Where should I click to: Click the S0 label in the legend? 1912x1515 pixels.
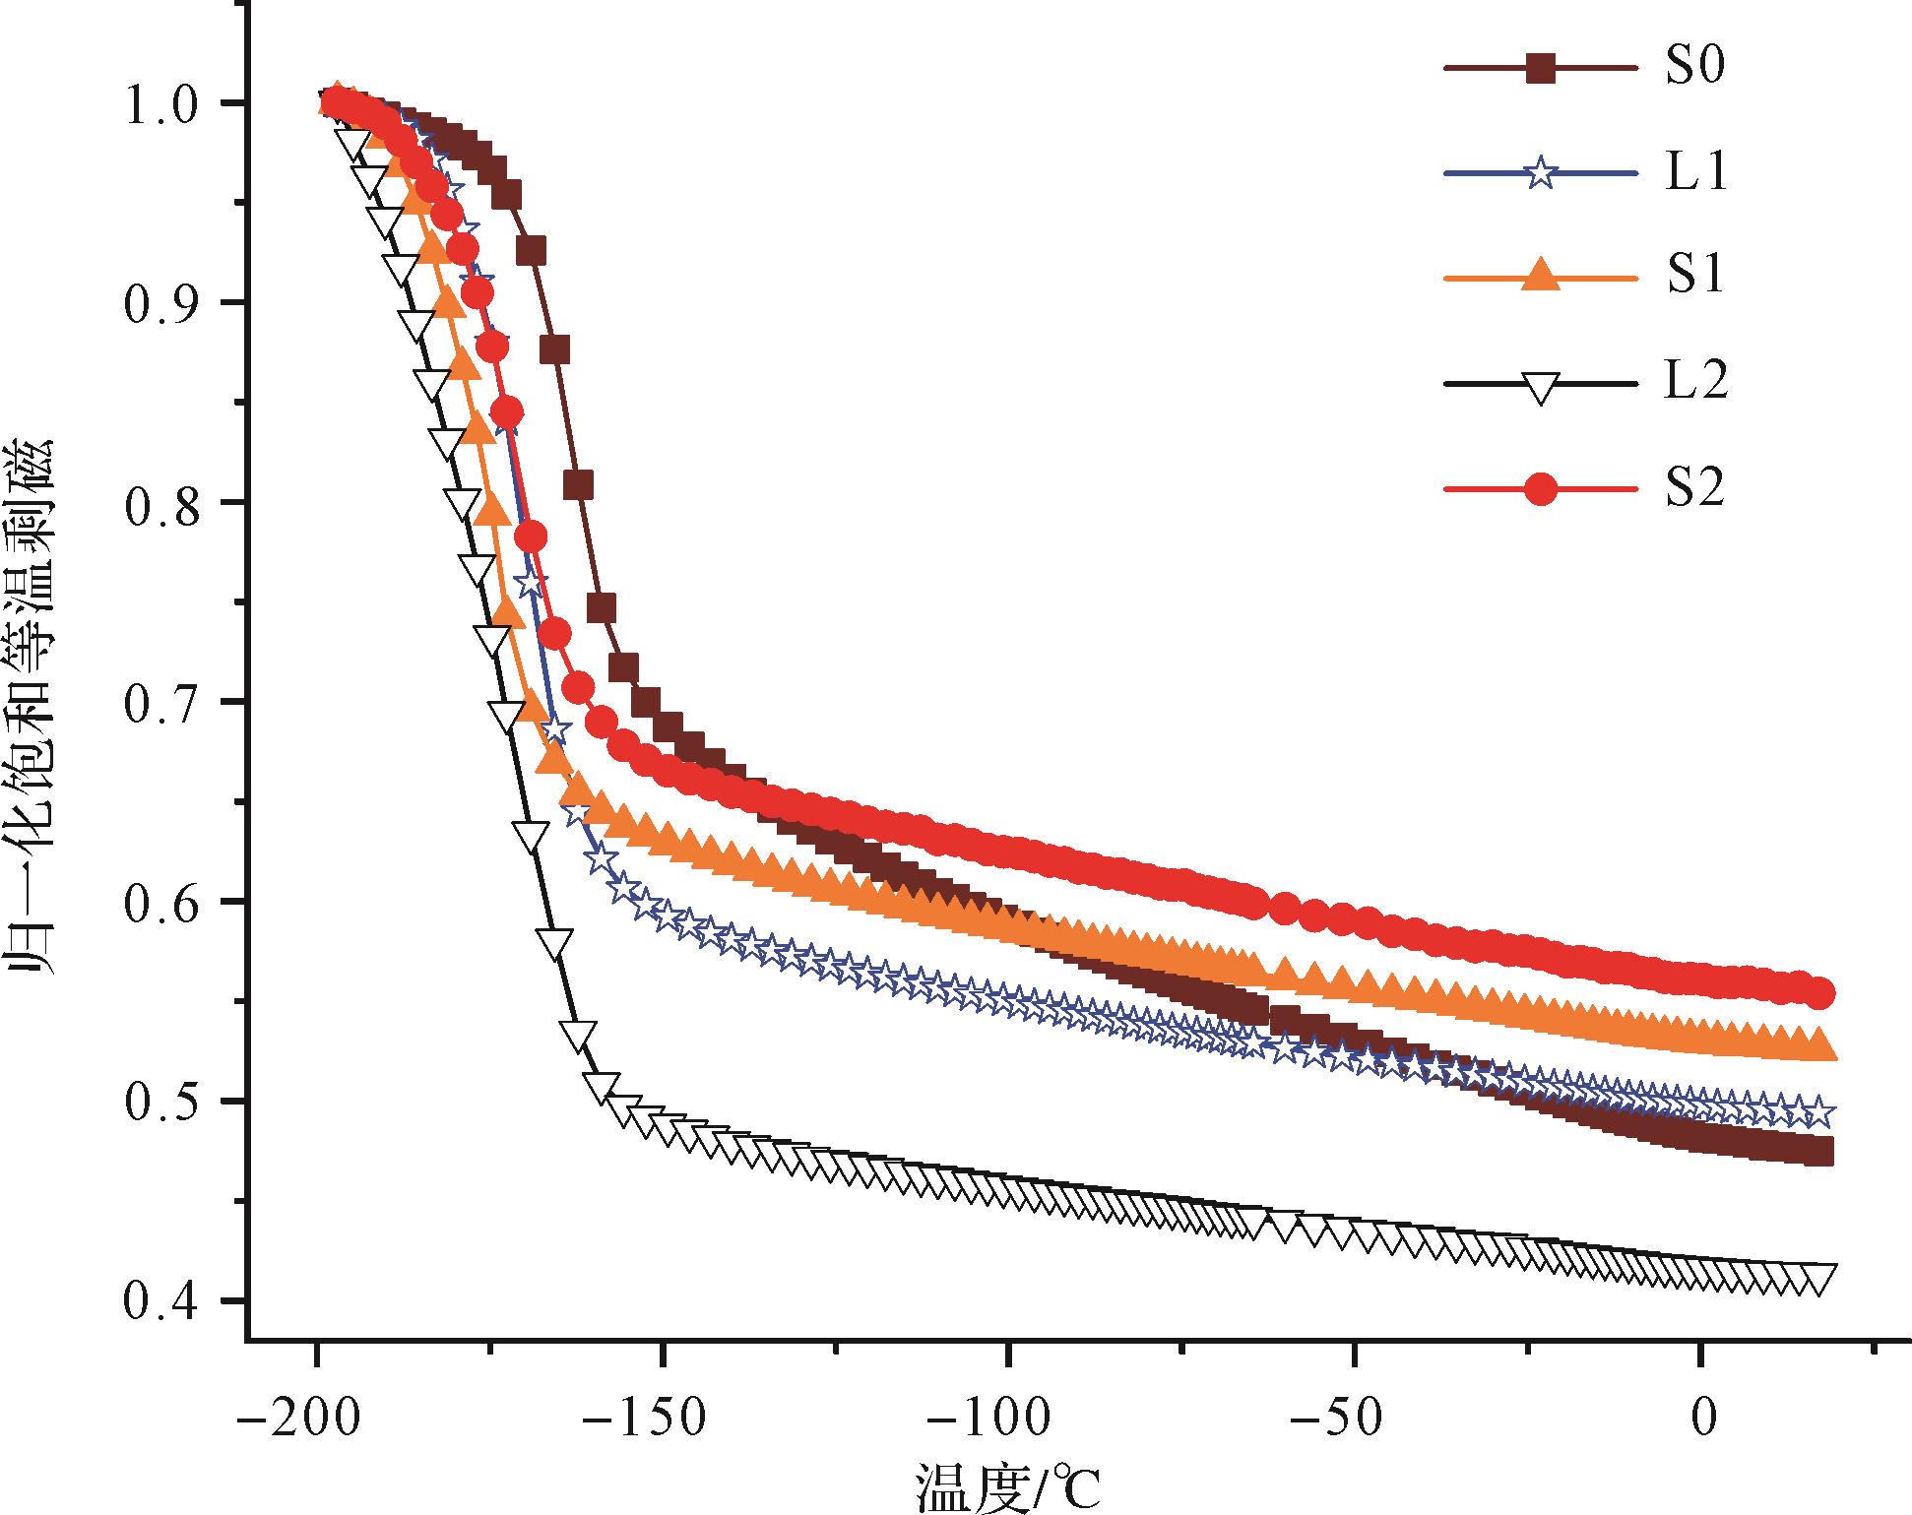point(1694,69)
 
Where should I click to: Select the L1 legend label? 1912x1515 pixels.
point(1694,174)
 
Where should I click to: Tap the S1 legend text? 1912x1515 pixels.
point(1694,278)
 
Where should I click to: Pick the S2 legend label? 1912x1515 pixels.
point(1694,488)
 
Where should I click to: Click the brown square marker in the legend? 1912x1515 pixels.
point(1541,69)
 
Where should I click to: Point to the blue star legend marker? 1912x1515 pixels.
point(1541,174)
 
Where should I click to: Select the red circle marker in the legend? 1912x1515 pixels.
point(1541,488)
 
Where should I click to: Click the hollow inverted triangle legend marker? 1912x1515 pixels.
point(1541,385)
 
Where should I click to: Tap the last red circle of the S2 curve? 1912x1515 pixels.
point(1821,993)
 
